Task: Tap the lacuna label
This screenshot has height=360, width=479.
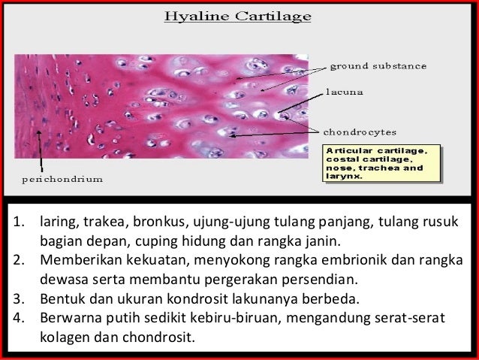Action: tap(345, 94)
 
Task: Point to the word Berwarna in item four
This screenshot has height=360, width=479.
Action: tap(69, 316)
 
